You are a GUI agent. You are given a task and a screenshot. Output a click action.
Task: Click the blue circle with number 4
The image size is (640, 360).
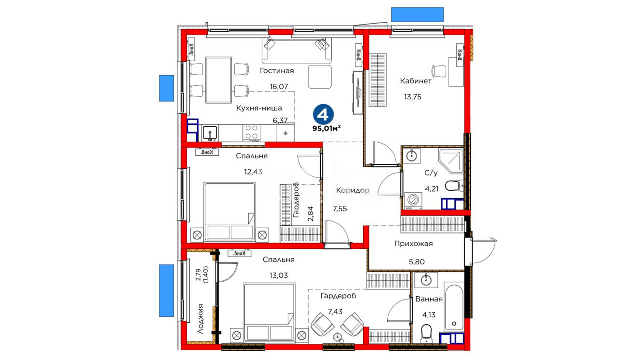click(x=323, y=114)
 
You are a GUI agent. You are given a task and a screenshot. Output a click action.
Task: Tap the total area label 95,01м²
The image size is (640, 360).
click(x=326, y=128)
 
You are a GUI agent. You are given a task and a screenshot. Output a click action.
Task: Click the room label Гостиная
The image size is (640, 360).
click(x=277, y=71)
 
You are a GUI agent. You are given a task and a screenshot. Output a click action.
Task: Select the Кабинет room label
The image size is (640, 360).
click(x=416, y=81)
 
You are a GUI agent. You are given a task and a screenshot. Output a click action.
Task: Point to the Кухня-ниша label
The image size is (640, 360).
click(x=259, y=108)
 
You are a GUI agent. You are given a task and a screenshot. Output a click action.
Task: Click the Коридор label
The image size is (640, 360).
click(x=353, y=190)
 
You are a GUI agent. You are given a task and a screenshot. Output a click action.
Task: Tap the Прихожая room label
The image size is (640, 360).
click(x=413, y=244)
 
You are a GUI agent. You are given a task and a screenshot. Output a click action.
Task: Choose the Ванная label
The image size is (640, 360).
click(x=429, y=299)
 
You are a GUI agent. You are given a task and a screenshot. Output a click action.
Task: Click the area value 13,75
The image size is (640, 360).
click(x=413, y=97)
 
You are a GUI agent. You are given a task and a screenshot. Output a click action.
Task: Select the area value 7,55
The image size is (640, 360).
click(x=340, y=209)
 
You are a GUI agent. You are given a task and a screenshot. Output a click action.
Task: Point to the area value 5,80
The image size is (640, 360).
click(x=417, y=262)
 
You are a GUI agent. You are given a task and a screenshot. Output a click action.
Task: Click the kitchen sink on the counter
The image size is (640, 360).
click(x=210, y=133)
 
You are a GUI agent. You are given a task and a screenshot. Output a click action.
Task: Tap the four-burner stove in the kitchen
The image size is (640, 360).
click(x=252, y=132)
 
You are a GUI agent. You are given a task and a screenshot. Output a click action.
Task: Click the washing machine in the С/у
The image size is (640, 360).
click(x=413, y=201)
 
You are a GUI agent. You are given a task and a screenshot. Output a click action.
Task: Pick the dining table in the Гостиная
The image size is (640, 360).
click(x=219, y=80)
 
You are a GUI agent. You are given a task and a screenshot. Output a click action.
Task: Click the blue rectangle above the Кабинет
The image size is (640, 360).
click(x=417, y=15)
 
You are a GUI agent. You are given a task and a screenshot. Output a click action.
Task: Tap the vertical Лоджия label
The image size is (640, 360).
click(x=200, y=319)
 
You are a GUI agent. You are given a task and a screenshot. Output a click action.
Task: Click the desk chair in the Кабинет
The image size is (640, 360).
click(x=439, y=71)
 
